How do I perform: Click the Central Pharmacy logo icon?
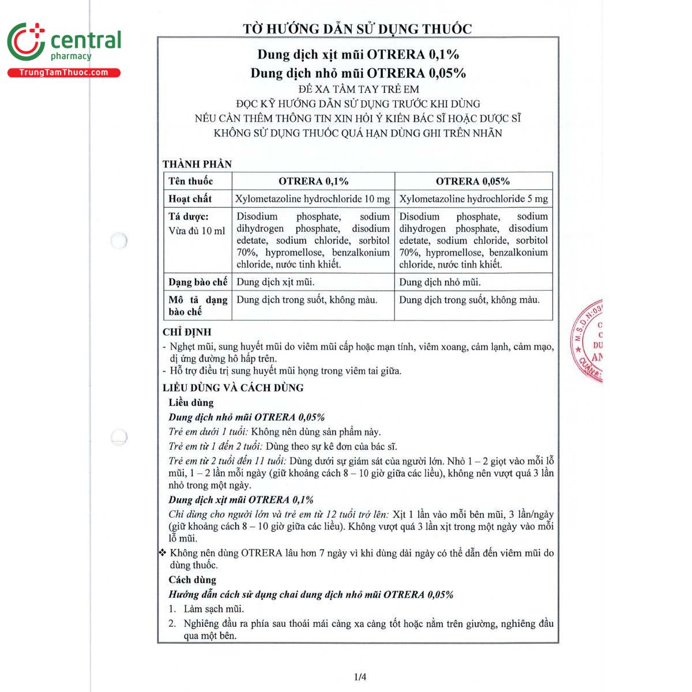pyautogui.click(x=26, y=42)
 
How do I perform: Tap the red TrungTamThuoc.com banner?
pyautogui.click(x=63, y=73)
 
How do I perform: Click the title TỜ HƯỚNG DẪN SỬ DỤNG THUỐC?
pyautogui.click(x=357, y=28)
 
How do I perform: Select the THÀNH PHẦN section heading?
pyautogui.click(x=197, y=164)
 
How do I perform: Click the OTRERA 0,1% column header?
pyautogui.click(x=313, y=181)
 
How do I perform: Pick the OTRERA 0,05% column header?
pyautogui.click(x=473, y=181)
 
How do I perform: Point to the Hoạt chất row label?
pyautogui.click(x=190, y=198)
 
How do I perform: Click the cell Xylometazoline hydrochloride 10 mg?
pyautogui.click(x=313, y=198)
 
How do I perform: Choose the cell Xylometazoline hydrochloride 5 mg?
pyautogui.click(x=473, y=198)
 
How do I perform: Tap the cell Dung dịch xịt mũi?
pyautogui.click(x=276, y=282)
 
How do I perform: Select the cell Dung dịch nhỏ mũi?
pyautogui.click(x=440, y=282)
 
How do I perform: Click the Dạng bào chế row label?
pyautogui.click(x=198, y=282)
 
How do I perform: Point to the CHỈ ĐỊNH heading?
pyautogui.click(x=187, y=332)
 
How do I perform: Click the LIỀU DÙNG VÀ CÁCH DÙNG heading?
pyautogui.click(x=233, y=388)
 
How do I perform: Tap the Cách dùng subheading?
pyautogui.click(x=192, y=580)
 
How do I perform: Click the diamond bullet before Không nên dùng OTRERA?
pyautogui.click(x=163, y=552)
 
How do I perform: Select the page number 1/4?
pyautogui.click(x=360, y=677)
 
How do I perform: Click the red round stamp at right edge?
pyautogui.click(x=588, y=340)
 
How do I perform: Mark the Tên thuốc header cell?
pyautogui.click(x=191, y=181)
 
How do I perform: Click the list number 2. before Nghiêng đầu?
pyautogui.click(x=172, y=623)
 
